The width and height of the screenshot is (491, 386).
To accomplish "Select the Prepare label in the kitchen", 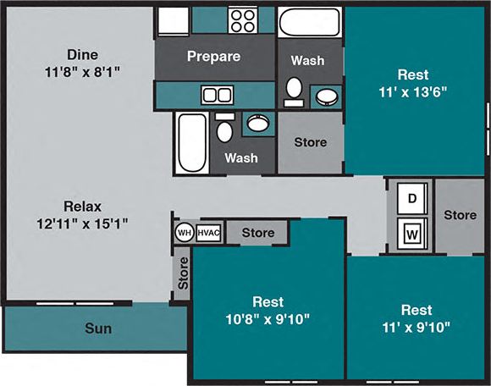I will (x=213, y=57).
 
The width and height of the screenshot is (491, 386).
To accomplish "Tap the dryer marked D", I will (x=412, y=198).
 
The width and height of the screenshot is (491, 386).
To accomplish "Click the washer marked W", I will (x=412, y=232).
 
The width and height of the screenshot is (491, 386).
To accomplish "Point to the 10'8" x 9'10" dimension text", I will (x=268, y=318).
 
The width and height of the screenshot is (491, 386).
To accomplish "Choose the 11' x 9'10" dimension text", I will (x=417, y=326).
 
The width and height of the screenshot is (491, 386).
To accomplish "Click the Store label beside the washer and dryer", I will (x=460, y=215).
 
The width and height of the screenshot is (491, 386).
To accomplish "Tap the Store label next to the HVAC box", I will (x=257, y=233).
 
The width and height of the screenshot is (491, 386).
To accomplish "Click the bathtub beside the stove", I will (x=309, y=23).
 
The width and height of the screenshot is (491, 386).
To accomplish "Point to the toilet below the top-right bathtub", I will (x=294, y=89).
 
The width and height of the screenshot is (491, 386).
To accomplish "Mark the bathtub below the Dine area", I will (x=187, y=141).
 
